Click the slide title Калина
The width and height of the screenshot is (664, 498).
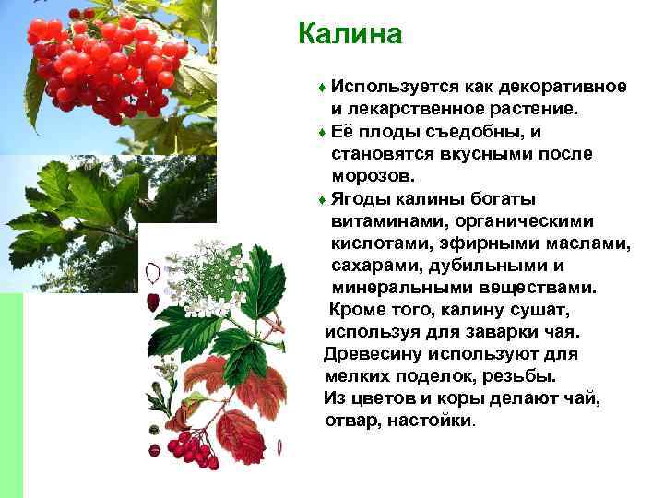pyautogui.click(x=350, y=34)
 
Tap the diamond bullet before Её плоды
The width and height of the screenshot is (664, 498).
pyautogui.click(x=320, y=132)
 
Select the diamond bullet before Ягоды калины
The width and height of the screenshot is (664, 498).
pyautogui.click(x=320, y=199)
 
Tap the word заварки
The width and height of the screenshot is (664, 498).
pyautogui.click(x=493, y=332)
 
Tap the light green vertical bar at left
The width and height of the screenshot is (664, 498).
pyautogui.click(x=11, y=397)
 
